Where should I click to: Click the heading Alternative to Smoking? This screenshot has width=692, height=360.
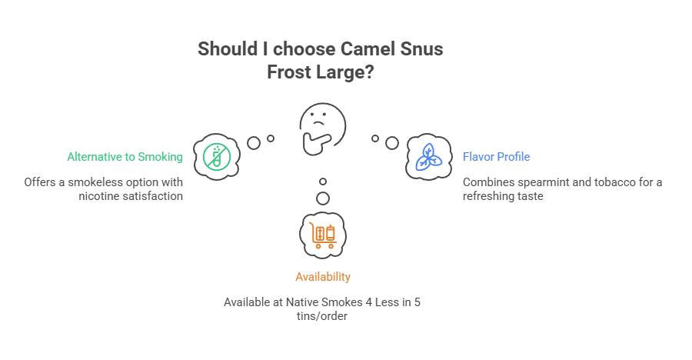125,157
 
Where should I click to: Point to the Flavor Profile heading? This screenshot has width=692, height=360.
496,157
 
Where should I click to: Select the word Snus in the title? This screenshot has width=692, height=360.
421,49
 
